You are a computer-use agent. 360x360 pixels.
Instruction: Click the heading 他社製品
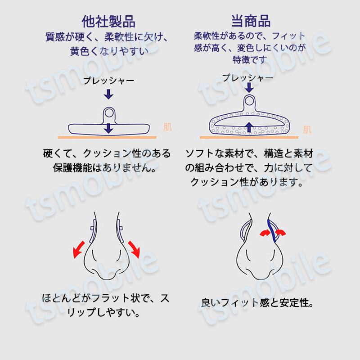(108, 21)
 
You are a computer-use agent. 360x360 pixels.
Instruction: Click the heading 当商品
(251, 21)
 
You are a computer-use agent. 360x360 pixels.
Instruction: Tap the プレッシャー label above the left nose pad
(108, 81)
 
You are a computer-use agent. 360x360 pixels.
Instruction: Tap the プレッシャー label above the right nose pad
(248, 78)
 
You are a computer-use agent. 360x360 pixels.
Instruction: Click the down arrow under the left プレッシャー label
(108, 94)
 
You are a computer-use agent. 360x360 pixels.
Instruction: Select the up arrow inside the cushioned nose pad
(249, 126)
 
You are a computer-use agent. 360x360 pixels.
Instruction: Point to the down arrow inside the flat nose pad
(108, 128)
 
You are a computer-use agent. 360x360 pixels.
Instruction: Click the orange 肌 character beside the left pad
(167, 127)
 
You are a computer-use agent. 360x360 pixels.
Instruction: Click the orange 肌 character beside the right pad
(307, 130)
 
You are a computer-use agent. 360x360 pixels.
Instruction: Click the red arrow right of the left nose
(135, 249)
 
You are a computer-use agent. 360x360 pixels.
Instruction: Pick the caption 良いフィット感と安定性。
(257, 302)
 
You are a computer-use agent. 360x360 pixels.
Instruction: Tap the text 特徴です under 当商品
(250, 59)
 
